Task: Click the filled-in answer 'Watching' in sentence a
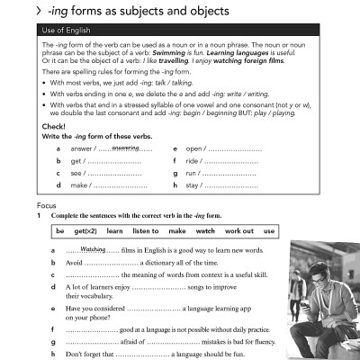[x=94, y=249]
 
